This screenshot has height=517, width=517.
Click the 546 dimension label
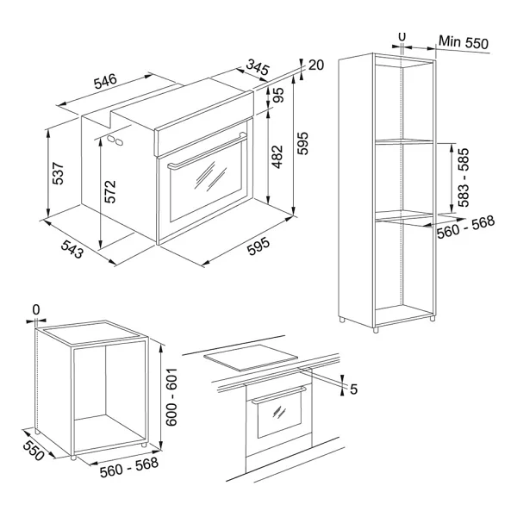105,82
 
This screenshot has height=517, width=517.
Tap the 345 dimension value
258,67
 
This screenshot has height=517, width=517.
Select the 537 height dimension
58,173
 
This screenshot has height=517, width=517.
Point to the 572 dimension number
110,191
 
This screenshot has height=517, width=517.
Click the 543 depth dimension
72,249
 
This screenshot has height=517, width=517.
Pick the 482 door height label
277,157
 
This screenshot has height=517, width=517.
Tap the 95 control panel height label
278,95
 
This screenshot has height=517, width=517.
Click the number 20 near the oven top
316,65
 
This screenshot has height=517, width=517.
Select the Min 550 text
464,42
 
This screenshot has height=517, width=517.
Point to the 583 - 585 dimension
464,178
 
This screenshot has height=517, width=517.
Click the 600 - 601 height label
171,397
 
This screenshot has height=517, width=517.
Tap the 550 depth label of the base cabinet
34,451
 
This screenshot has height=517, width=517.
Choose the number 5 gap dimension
353,389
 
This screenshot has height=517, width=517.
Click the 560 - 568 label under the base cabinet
129,467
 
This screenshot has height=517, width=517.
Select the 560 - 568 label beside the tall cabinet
466,227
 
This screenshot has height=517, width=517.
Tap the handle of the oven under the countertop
279,395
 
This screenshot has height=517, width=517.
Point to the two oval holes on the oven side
115,140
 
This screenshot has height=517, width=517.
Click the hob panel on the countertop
251,358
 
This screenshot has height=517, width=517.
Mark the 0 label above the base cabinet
36,310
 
